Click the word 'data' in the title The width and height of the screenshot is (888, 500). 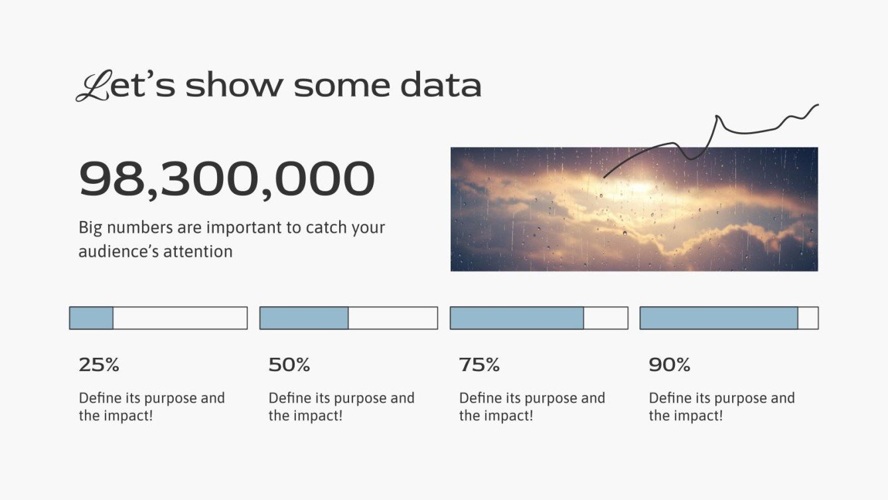440,86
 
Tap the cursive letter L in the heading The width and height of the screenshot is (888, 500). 92,86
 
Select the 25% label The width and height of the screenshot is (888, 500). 99,365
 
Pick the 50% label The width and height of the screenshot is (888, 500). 289,365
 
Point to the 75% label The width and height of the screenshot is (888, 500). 479,365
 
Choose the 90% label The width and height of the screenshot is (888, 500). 670,365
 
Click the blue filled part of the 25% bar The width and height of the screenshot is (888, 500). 92,318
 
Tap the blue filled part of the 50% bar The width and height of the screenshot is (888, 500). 304,318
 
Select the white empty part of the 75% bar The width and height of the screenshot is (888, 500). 605,318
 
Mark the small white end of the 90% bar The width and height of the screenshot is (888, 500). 808,318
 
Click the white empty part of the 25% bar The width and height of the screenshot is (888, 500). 180,318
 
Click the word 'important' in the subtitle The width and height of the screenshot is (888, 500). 244,228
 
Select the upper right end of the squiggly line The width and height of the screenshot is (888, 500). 817,105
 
